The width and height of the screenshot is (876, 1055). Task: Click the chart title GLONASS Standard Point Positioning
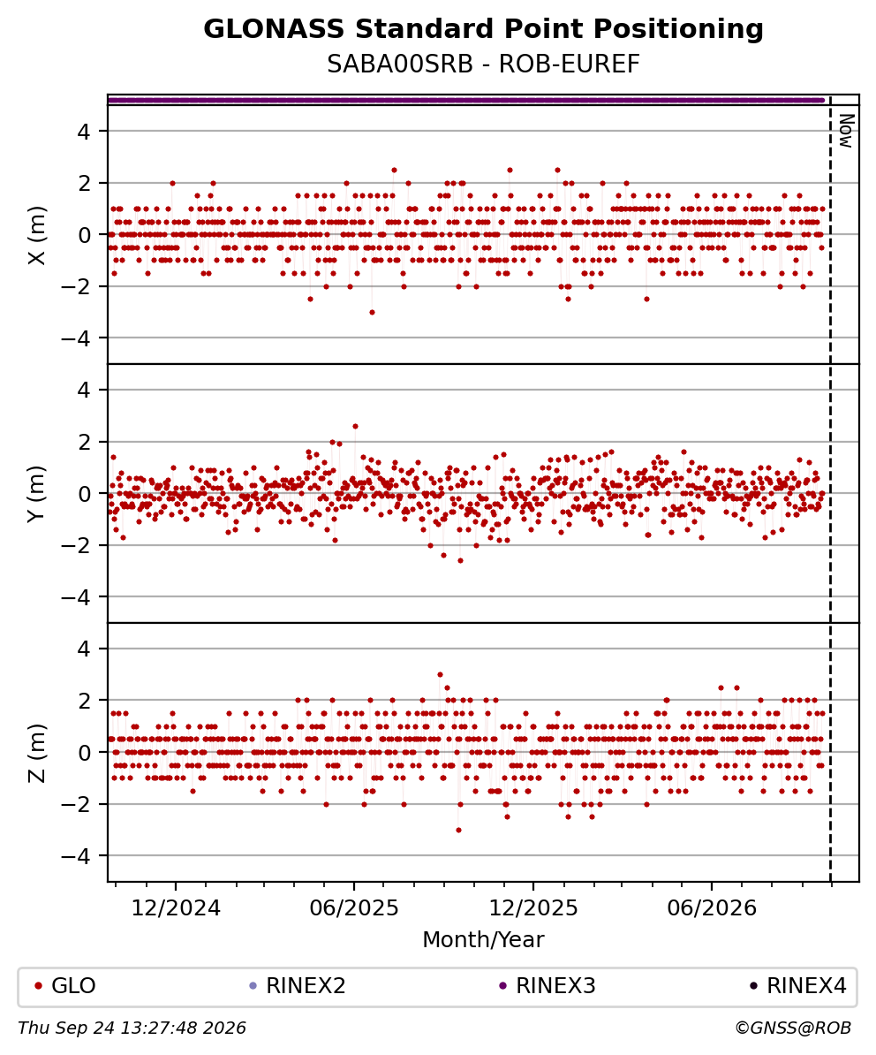pyautogui.click(x=483, y=30)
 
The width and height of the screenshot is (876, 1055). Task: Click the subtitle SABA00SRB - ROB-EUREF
pyautogui.click(x=483, y=64)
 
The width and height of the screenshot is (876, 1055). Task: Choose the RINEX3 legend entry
pyautogui.click(x=547, y=986)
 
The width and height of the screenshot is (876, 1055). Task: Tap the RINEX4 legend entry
pyautogui.click(x=798, y=986)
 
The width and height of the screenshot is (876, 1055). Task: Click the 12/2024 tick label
pyautogui.click(x=176, y=908)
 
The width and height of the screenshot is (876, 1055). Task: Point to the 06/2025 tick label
pyautogui.click(x=354, y=908)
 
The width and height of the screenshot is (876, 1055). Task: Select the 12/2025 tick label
pyautogui.click(x=533, y=908)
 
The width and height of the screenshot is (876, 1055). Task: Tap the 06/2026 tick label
pyautogui.click(x=712, y=908)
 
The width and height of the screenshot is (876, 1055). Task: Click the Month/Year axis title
pyautogui.click(x=483, y=939)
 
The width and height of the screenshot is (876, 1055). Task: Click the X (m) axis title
pyautogui.click(x=38, y=235)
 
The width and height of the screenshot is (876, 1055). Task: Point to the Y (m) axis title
pyautogui.click(x=38, y=493)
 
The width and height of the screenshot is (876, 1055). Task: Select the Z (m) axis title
pyautogui.click(x=38, y=752)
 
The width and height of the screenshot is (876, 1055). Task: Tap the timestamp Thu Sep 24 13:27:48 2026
pyautogui.click(x=132, y=1028)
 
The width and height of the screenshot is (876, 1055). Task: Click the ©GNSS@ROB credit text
pyautogui.click(x=793, y=1028)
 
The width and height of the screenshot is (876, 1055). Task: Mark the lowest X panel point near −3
pyautogui.click(x=372, y=312)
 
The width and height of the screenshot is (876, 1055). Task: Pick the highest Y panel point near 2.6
pyautogui.click(x=356, y=426)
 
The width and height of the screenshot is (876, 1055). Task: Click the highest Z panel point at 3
pyautogui.click(x=440, y=674)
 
